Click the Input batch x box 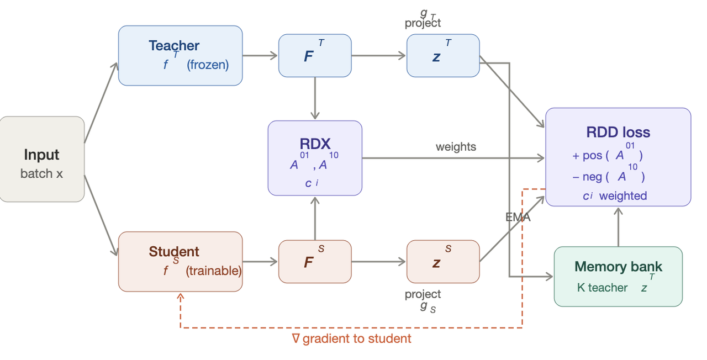click(42, 159)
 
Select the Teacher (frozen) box click(180, 55)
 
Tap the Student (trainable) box click(180, 261)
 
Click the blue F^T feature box click(315, 55)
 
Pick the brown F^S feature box click(315, 261)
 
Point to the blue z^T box click(443, 55)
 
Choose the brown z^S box click(443, 261)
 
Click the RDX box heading click(315, 144)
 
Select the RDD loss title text click(618, 133)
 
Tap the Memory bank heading click(618, 267)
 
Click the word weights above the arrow click(456, 147)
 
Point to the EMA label click(518, 218)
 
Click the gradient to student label click(352, 338)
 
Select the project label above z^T click(423, 23)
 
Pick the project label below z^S click(423, 294)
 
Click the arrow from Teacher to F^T click(260, 55)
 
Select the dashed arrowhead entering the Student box click(180, 297)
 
